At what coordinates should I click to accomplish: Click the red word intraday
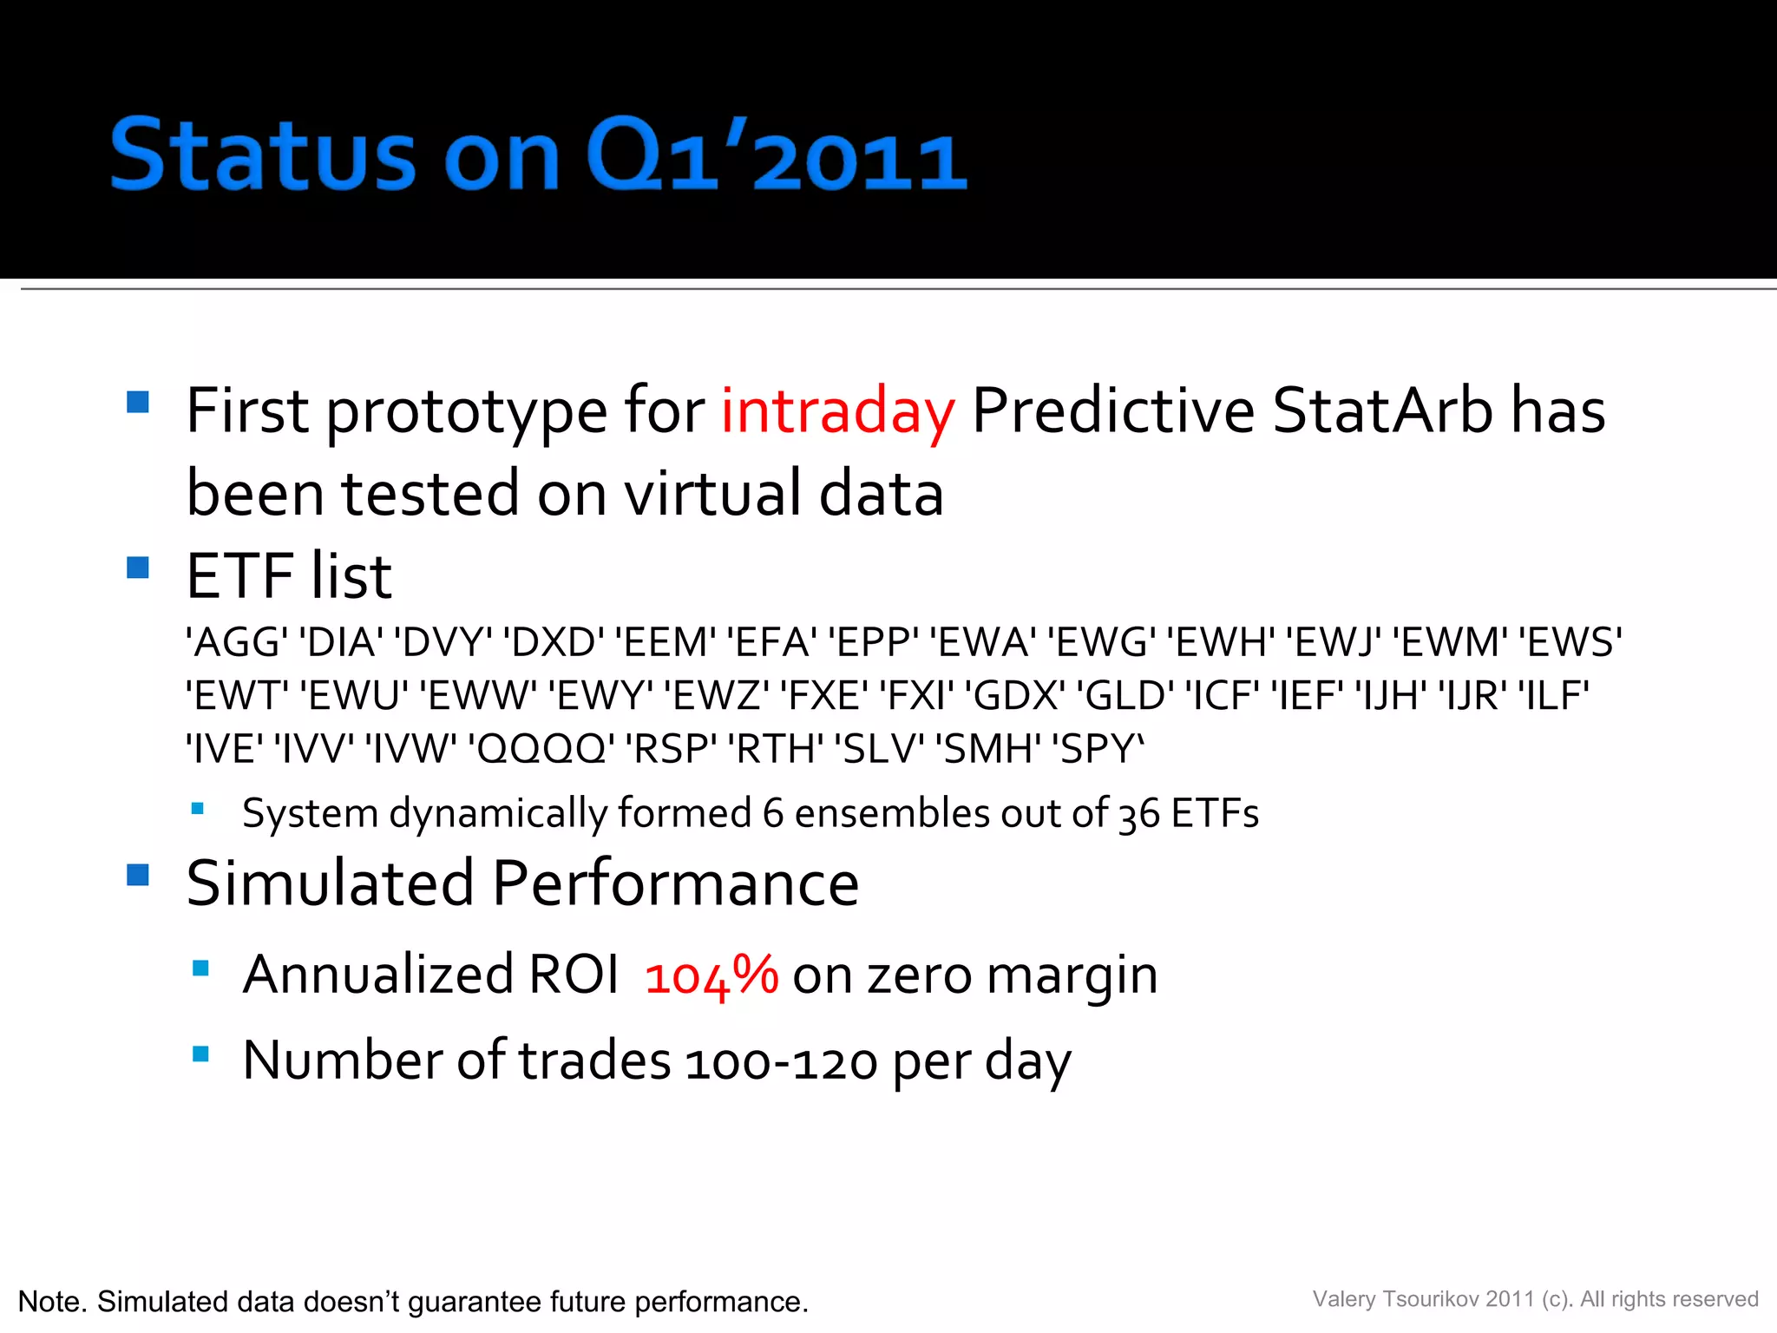coord(837,410)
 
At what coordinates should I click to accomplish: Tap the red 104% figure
coord(711,975)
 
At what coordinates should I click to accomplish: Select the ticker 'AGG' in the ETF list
coord(237,643)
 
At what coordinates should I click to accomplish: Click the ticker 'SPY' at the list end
coord(1098,749)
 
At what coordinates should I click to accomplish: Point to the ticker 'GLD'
coord(1125,696)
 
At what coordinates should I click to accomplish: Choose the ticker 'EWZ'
coord(717,696)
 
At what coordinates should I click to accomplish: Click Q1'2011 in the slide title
coord(775,156)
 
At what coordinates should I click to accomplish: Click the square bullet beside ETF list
coord(138,568)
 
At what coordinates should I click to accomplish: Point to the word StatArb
coord(1382,410)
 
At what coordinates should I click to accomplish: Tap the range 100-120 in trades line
coord(781,1062)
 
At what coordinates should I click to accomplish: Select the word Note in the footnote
coord(50,1302)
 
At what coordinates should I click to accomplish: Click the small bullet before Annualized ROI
coord(200,969)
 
